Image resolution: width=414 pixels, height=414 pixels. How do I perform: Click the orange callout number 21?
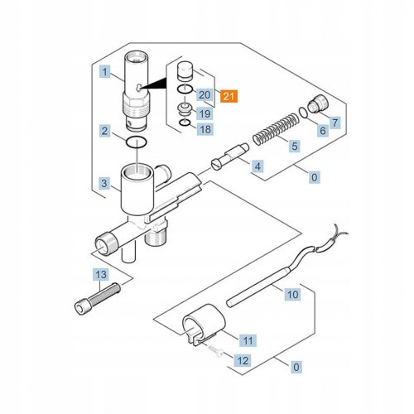(229, 96)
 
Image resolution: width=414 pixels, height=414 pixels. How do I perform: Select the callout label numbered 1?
(104, 72)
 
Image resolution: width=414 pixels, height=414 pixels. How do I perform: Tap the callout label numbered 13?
(101, 274)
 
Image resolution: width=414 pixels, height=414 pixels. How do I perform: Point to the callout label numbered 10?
(293, 294)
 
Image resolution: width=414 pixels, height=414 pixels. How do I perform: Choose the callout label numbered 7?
(335, 123)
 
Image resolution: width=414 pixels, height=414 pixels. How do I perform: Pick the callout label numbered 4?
(258, 166)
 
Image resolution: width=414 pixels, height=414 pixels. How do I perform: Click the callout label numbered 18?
(205, 129)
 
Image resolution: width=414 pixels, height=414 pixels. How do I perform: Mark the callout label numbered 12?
(243, 360)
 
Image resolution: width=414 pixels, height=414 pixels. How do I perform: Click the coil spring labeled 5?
(276, 130)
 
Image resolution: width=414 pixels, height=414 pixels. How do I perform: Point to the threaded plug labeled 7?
(318, 103)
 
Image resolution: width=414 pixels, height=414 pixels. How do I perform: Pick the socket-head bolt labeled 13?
(98, 299)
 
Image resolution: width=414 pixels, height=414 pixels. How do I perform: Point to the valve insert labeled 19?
(185, 109)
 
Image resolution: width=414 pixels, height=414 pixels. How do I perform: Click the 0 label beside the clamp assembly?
(296, 367)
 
